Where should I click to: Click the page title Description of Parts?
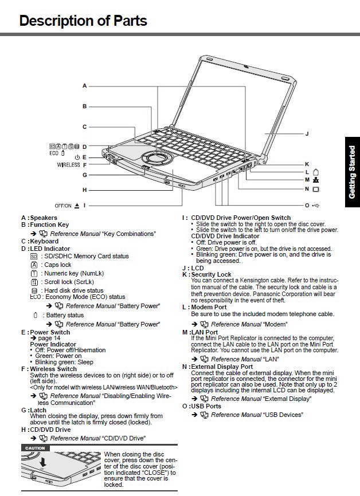(x=83, y=21)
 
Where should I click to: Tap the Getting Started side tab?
(x=352, y=172)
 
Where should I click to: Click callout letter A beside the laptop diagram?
(x=84, y=86)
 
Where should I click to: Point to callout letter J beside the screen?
(x=307, y=133)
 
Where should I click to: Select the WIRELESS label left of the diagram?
(x=68, y=165)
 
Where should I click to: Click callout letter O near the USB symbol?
(x=307, y=205)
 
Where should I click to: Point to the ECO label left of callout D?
(x=54, y=154)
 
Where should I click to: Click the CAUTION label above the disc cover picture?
(x=36, y=448)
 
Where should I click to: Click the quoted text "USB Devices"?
(x=282, y=415)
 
